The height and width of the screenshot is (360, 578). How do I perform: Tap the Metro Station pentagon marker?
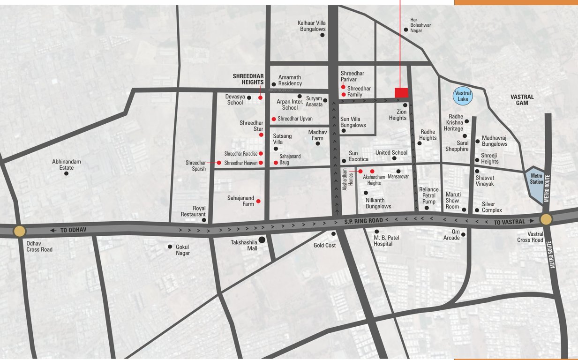pyautogui.click(x=535, y=179)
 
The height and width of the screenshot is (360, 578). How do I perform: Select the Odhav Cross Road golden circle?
pyautogui.click(x=19, y=231)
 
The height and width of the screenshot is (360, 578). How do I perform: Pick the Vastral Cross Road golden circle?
pyautogui.click(x=546, y=219)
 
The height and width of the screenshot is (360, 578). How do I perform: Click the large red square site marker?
pyautogui.click(x=401, y=93)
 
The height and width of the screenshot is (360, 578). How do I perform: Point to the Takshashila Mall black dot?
pyautogui.click(x=262, y=240)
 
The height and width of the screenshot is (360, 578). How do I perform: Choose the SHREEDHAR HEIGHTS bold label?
pyautogui.click(x=248, y=79)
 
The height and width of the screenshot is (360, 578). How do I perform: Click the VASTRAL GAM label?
pyautogui.click(x=522, y=100)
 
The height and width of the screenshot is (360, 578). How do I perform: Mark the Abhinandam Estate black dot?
pyautogui.click(x=66, y=173)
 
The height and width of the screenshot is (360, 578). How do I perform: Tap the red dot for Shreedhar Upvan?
pyautogui.click(x=274, y=119)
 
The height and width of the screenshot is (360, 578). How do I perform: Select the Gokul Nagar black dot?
pyautogui.click(x=170, y=247)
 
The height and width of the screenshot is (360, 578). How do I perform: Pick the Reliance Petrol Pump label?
pyautogui.click(x=429, y=195)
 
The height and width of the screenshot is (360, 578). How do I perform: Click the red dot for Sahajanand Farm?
pyautogui.click(x=258, y=201)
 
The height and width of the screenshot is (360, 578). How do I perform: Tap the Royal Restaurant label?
pyautogui.click(x=193, y=211)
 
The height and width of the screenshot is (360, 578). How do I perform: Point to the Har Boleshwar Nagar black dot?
pyautogui.click(x=405, y=29)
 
